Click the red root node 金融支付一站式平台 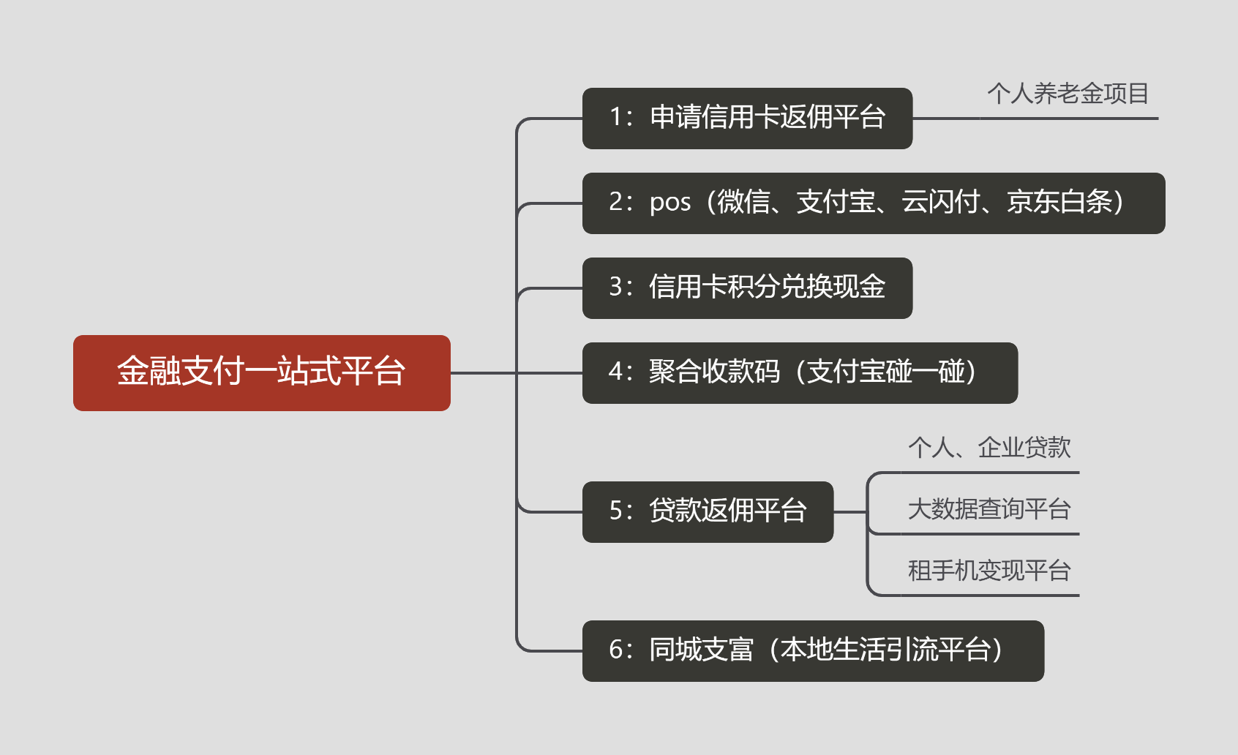[x=261, y=372]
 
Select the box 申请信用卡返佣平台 [x=747, y=118]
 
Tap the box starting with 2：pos [x=873, y=203]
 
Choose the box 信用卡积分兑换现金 [x=747, y=288]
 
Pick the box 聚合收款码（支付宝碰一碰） [x=800, y=372]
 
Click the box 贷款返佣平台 [x=708, y=511]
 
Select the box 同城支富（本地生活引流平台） [x=813, y=650]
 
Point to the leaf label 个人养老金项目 [x=1068, y=94]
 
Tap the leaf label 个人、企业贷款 [x=989, y=447]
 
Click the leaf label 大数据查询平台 [x=989, y=508]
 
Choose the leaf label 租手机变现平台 [x=989, y=570]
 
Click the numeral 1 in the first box [x=616, y=117]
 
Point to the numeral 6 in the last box [x=616, y=650]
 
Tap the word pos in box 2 [x=669, y=202]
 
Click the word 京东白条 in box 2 [x=1059, y=202]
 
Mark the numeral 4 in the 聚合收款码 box [x=616, y=372]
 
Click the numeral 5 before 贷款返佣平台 [x=616, y=511]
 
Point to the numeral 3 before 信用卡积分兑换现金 [x=616, y=287]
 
